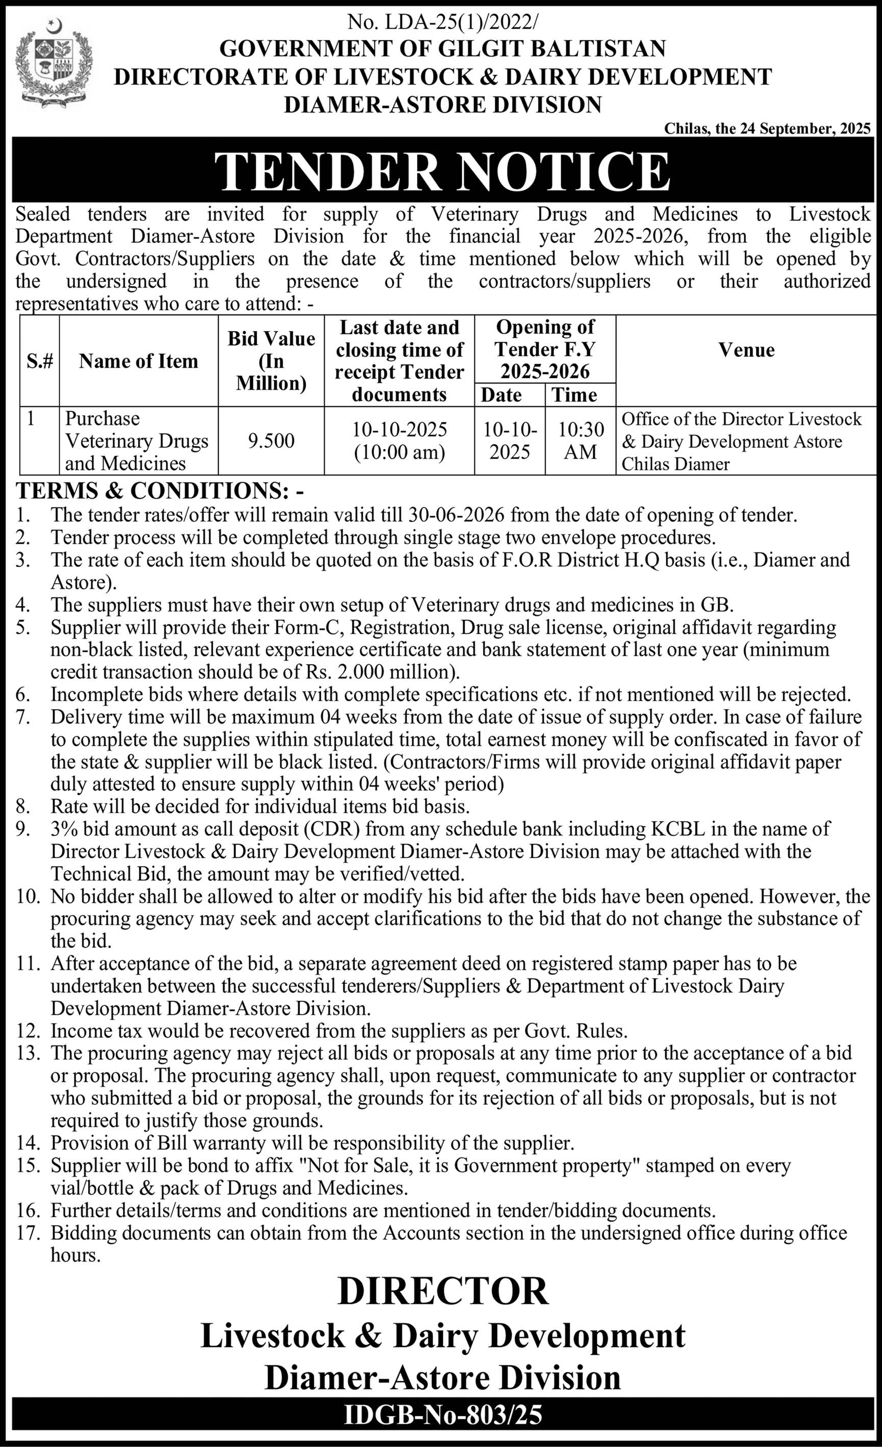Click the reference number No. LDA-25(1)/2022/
[442, 23]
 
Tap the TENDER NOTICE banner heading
[442, 171]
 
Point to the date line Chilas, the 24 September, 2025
[767, 129]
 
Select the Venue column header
[746, 350]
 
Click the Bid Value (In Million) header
[271, 361]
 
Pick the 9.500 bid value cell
[271, 441]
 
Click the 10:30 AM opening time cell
[580, 441]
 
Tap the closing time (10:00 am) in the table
[399, 452]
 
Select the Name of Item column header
[139, 361]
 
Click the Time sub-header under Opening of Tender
[574, 395]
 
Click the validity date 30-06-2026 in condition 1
[455, 515]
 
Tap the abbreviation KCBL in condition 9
[680, 829]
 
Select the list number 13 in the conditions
[27, 1053]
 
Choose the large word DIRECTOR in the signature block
[443, 1290]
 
